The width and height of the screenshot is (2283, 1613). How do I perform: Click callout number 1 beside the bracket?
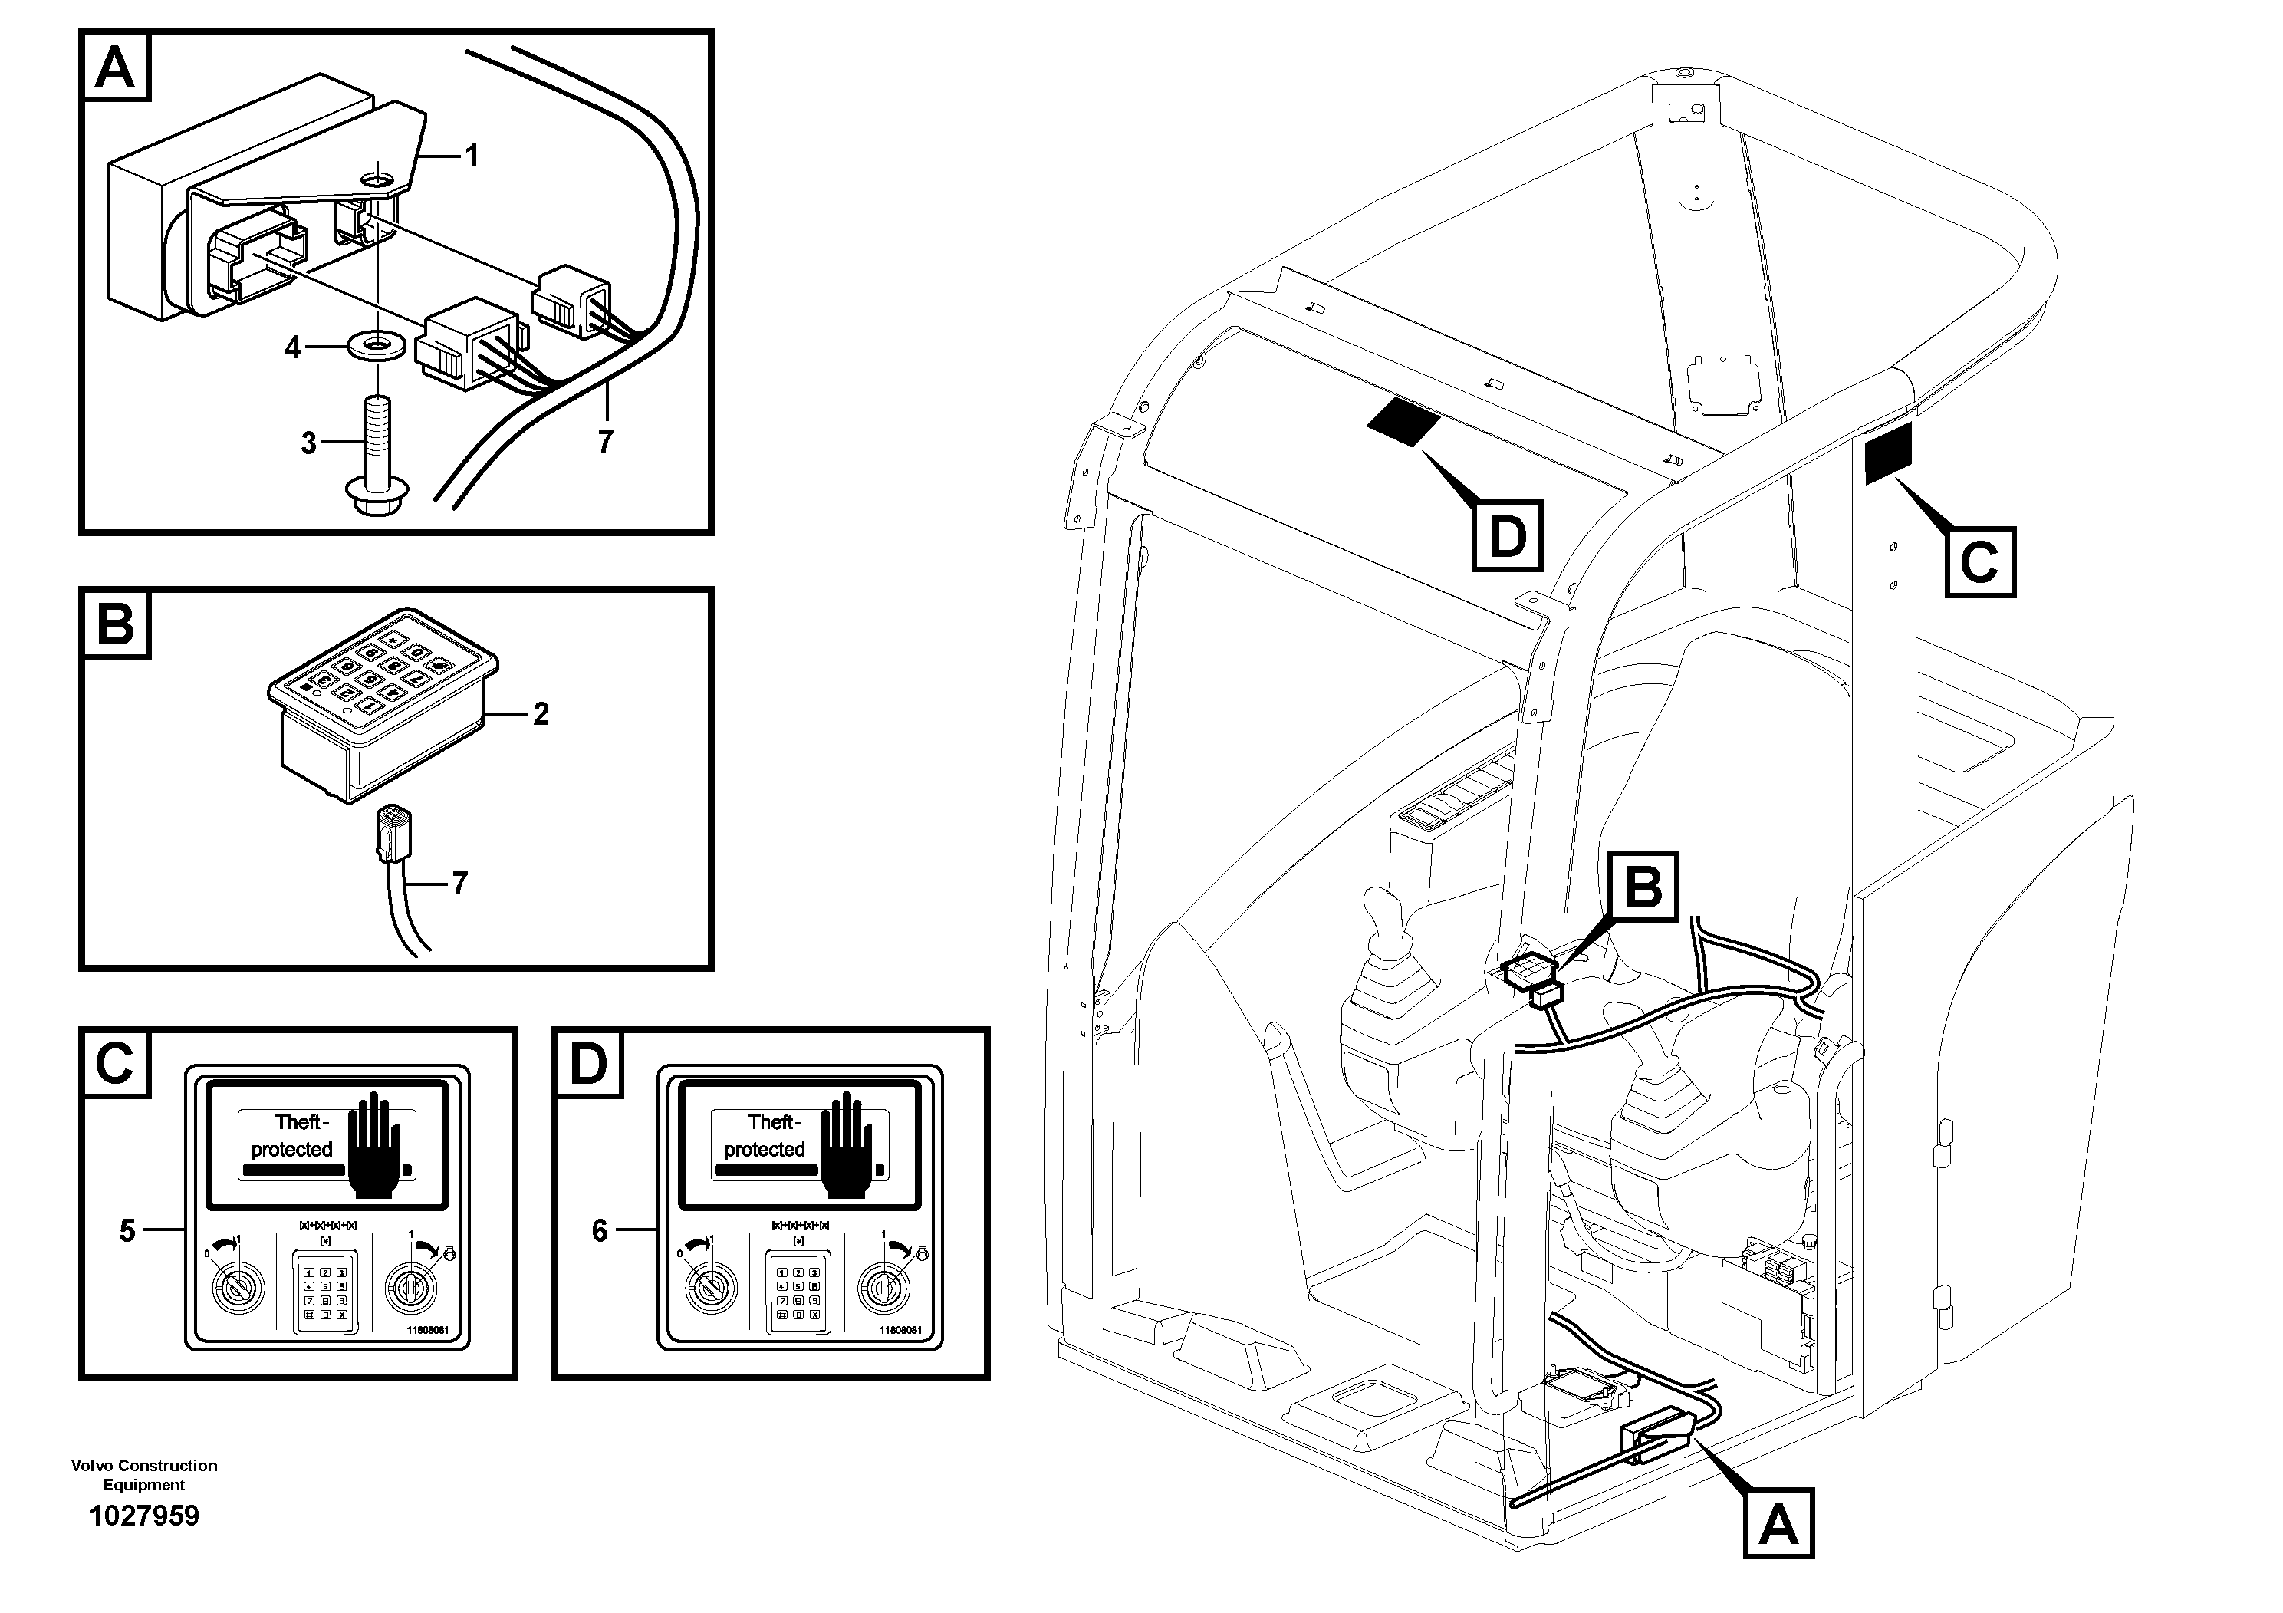click(472, 156)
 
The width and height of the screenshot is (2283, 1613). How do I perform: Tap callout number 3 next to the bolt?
click(308, 443)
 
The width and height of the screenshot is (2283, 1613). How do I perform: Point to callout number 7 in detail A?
click(606, 440)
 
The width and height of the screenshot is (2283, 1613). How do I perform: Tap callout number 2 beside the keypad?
click(541, 714)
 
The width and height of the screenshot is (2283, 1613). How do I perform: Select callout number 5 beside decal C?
click(127, 1231)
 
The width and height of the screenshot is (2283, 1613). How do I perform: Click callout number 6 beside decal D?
click(600, 1231)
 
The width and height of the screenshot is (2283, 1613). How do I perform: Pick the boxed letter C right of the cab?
click(1979, 562)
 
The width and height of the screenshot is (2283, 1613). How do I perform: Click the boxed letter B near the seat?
click(1643, 886)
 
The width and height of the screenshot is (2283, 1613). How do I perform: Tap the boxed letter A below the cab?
click(1778, 1522)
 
